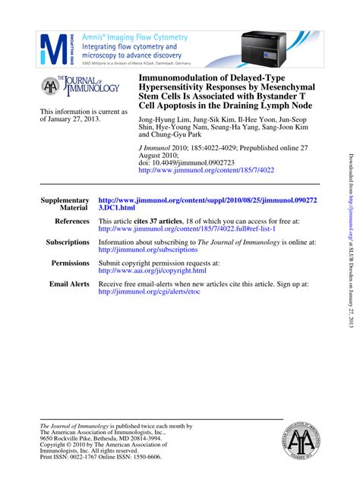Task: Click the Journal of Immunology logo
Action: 81,88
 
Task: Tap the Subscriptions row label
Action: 68,242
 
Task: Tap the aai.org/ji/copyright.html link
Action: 152,270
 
